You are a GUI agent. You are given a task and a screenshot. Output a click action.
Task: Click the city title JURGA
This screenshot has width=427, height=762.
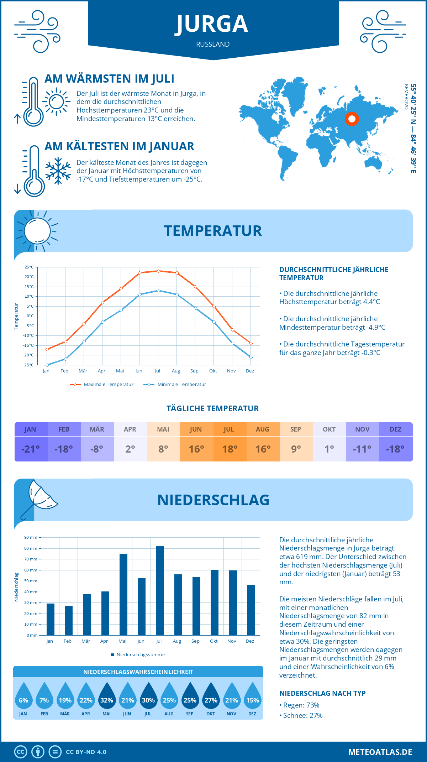pyautogui.click(x=212, y=24)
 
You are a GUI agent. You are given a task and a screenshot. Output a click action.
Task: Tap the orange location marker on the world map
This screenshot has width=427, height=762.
pyautogui.click(x=352, y=119)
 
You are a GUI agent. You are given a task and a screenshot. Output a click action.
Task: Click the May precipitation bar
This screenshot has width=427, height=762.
pyautogui.click(x=123, y=594)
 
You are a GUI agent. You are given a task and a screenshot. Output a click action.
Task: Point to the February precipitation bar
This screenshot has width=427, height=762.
pyautogui.click(x=68, y=620)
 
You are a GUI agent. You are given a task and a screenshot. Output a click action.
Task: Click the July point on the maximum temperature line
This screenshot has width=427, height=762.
pyautogui.click(x=158, y=271)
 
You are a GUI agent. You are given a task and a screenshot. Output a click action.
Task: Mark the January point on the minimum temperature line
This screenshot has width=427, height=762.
pyautogui.click(x=47, y=365)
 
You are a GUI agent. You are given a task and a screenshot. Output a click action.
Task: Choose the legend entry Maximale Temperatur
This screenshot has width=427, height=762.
pyautogui.click(x=102, y=385)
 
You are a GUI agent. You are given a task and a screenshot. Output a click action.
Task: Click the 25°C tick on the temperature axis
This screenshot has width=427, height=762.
pyautogui.click(x=29, y=267)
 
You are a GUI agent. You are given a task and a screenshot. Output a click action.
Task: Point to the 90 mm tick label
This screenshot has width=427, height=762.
pyautogui.click(x=31, y=537)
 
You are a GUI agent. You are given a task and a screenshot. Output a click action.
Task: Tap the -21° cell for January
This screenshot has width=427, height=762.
pyautogui.click(x=31, y=449)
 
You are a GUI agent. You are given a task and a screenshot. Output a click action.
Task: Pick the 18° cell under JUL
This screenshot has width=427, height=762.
pyautogui.click(x=230, y=449)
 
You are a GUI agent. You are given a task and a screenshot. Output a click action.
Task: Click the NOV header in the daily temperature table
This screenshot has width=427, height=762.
pyautogui.click(x=362, y=429)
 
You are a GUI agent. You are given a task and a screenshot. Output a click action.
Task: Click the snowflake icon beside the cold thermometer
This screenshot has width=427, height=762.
pyautogui.click(x=58, y=171)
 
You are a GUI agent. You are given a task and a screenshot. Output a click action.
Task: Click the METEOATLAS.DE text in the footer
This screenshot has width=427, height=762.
pyautogui.click(x=380, y=752)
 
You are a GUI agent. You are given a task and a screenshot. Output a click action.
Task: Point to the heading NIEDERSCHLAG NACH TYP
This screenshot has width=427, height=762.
pyautogui.click(x=322, y=693)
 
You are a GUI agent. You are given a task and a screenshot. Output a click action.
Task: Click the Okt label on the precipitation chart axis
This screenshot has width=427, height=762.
pyautogui.click(x=213, y=641)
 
